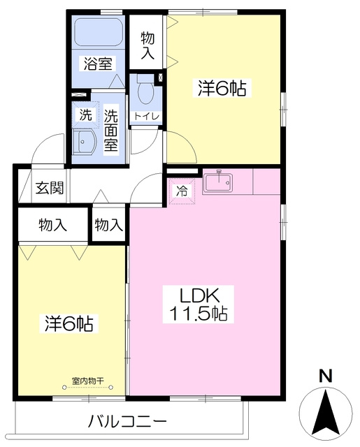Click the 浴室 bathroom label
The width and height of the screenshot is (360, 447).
point(98,64)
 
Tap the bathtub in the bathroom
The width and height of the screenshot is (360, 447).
point(99,31)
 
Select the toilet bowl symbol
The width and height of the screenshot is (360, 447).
point(145,89)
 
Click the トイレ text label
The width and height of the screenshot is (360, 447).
point(146,117)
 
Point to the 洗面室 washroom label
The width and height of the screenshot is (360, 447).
point(110,131)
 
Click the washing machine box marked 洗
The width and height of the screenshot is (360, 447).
point(85,115)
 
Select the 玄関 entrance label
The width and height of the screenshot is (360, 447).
point(50,188)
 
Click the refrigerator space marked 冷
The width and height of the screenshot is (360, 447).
point(182,191)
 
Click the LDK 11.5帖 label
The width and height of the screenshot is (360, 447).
point(199,305)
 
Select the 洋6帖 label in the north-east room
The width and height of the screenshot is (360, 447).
point(222,88)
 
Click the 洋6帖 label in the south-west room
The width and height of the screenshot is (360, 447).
point(69,323)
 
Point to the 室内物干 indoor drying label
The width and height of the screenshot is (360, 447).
point(87,381)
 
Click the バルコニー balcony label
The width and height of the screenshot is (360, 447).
point(127,421)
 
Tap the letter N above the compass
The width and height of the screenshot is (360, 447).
point(326,376)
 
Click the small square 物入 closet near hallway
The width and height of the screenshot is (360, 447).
point(108,225)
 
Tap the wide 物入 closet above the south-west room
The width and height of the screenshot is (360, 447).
point(52,225)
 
